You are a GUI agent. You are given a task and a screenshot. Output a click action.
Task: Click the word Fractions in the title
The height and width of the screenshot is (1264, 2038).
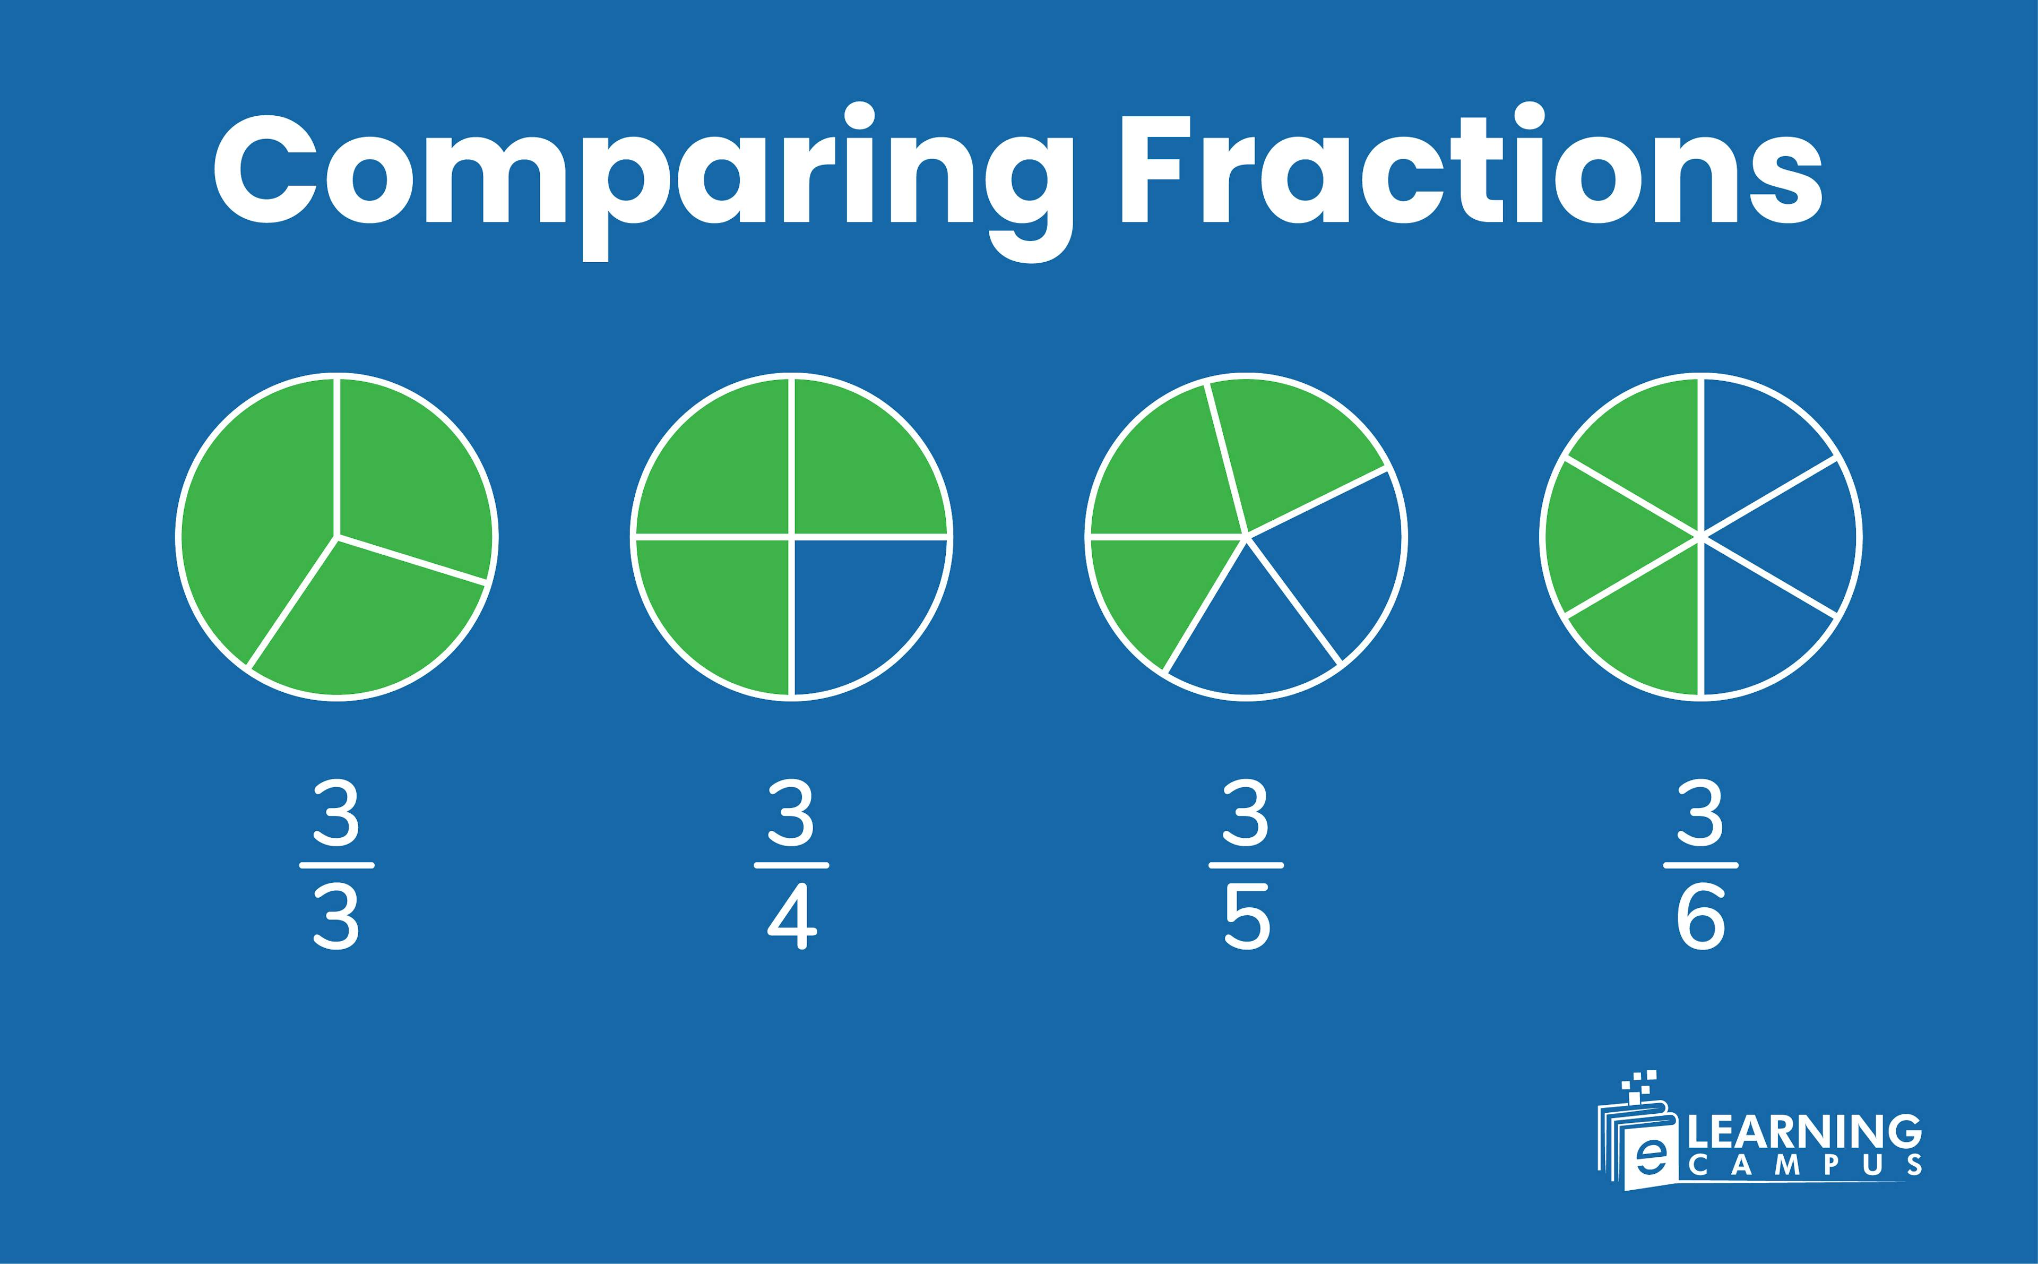pos(1471,171)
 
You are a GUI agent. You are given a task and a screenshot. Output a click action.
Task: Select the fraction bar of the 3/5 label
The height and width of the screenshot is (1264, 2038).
pos(1247,864)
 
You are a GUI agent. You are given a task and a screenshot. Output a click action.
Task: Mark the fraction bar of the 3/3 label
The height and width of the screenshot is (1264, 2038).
pos(336,864)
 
